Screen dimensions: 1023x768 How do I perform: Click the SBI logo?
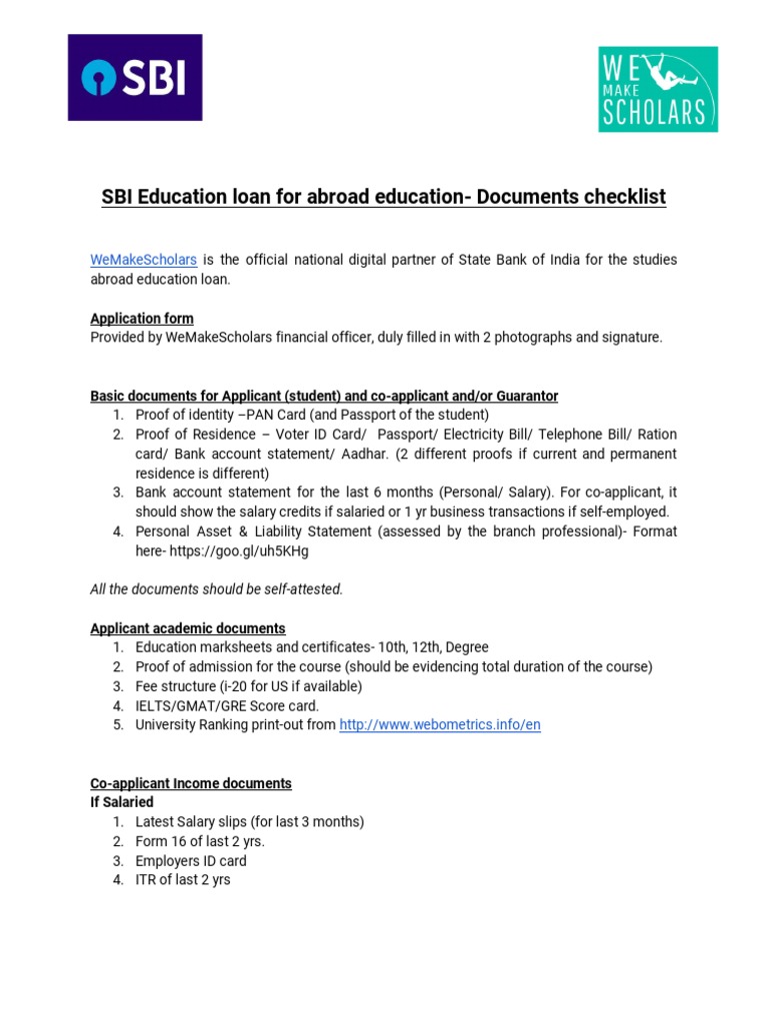pos(135,77)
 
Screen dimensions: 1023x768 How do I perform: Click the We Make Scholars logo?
pos(658,89)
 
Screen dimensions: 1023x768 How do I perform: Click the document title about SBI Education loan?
pos(383,197)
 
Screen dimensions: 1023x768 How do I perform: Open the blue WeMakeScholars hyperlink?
pos(143,260)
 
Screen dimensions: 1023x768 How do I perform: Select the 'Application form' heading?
pos(142,319)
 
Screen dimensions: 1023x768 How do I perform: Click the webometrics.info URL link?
pos(440,725)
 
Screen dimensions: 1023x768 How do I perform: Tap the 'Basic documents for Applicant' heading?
pos(324,397)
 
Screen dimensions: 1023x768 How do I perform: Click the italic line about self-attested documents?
pos(216,589)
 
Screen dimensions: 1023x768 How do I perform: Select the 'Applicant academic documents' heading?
pos(188,628)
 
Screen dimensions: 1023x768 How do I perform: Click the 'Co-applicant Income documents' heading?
pos(191,783)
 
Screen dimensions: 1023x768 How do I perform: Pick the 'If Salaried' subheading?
pos(122,802)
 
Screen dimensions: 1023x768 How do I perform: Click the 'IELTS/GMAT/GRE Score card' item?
pos(227,705)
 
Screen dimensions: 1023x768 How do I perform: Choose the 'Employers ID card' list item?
pos(191,860)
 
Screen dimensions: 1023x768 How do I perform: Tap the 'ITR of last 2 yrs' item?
pos(183,880)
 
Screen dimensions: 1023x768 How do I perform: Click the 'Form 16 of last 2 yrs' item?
pos(200,841)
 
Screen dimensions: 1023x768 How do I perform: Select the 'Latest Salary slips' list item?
pos(250,821)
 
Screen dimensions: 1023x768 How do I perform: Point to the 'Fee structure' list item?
pos(248,686)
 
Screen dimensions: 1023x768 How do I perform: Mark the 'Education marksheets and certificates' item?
pos(312,647)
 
